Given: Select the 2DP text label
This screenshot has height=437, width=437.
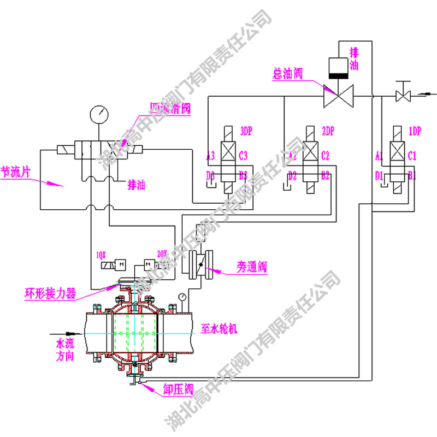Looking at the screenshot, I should pos(327,132).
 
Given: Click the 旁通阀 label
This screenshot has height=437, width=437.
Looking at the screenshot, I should pos(252,267).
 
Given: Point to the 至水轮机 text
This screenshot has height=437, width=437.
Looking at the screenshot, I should pos(220,329).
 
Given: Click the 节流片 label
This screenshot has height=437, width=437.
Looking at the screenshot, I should pos(15,173).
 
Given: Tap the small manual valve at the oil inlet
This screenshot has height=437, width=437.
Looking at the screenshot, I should pos(404,96).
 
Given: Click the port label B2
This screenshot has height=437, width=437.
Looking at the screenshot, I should pos(325,175).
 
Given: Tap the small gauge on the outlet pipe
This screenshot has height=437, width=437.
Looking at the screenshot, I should pos(181,297).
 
